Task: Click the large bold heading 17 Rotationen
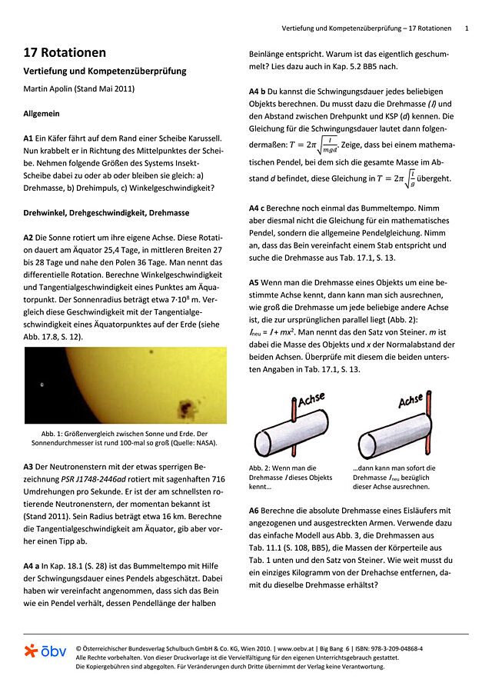65,53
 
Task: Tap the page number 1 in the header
467,28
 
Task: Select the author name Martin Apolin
53,88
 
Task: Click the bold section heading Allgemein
42,113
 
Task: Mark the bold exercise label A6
254,510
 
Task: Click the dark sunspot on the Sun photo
184,406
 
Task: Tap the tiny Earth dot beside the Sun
42,386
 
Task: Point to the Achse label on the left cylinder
311,400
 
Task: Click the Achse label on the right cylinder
412,401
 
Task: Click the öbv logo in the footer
45,651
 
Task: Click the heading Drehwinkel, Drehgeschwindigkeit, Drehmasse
106,212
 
